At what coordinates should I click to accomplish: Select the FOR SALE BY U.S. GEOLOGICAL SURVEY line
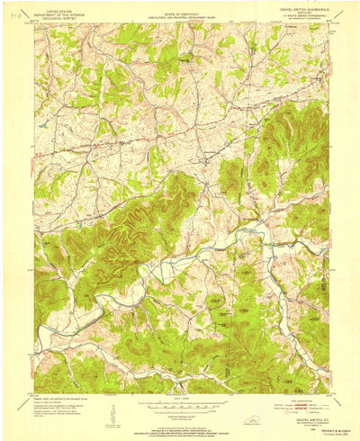click(x=180, y=424)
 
